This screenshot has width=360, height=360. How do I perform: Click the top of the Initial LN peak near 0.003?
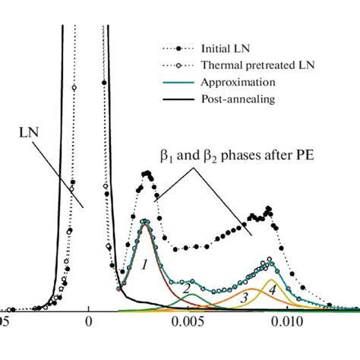click(x=146, y=173)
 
